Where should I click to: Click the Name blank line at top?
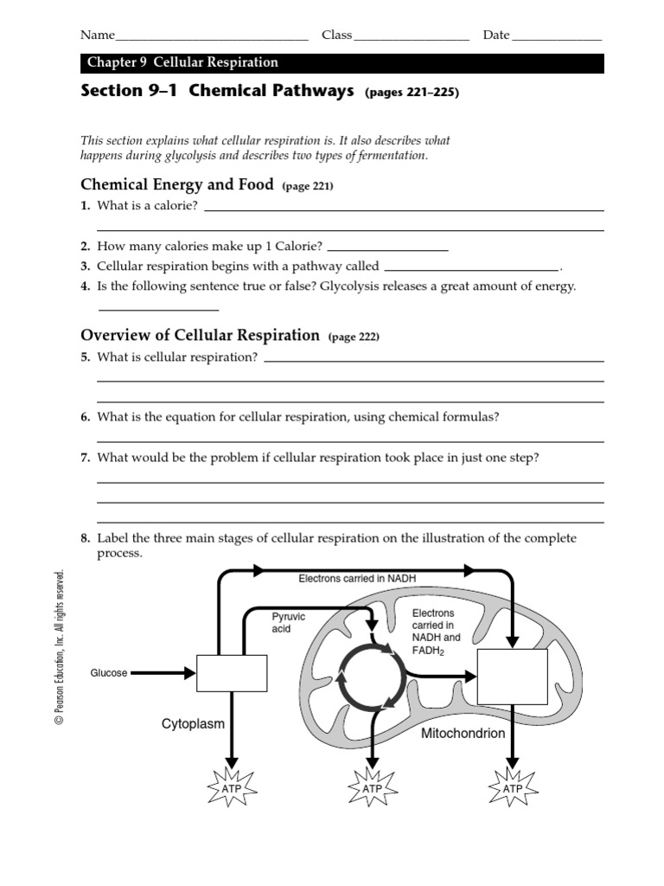pos(211,40)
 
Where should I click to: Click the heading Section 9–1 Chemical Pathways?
pos(217,92)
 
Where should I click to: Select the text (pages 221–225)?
pos(412,93)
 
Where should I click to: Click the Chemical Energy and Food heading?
pos(176,184)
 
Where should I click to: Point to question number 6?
pos(86,417)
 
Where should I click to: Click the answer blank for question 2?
pos(387,249)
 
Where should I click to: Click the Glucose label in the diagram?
pos(109,672)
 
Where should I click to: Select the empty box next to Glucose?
pos(231,672)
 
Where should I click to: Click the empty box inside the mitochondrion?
pos(513,677)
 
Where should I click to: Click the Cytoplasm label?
pos(194,722)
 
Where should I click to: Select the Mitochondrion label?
pos(463,733)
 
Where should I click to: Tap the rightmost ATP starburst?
pos(513,788)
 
